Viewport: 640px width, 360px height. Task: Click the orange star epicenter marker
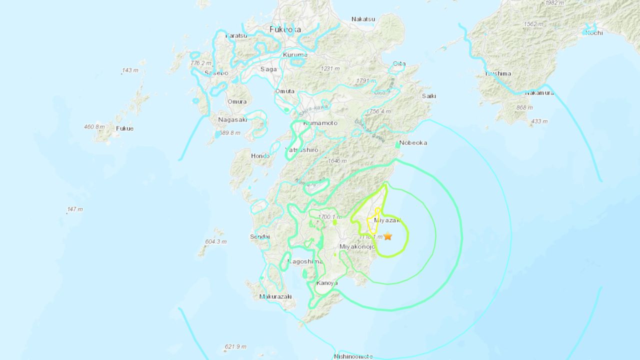(x=387, y=236)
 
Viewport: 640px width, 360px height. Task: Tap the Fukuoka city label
(x=285, y=29)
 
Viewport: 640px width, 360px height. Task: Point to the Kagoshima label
(x=305, y=262)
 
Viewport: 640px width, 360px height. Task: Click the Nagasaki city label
(x=232, y=119)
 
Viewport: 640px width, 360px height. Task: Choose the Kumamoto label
(x=320, y=123)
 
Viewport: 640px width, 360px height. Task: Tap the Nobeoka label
(x=413, y=142)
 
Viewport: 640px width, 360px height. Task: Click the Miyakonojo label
(x=357, y=246)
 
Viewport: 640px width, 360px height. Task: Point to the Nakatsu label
(x=363, y=19)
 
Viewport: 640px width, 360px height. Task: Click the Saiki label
(x=429, y=95)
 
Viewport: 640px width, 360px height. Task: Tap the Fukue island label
(x=124, y=128)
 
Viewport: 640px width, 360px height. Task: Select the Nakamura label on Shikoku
(x=539, y=92)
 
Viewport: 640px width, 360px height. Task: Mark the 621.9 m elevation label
(x=235, y=346)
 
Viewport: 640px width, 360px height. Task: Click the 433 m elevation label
(x=539, y=121)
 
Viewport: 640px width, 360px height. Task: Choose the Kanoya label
(x=327, y=283)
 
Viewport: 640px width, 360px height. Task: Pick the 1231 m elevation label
(x=330, y=68)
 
